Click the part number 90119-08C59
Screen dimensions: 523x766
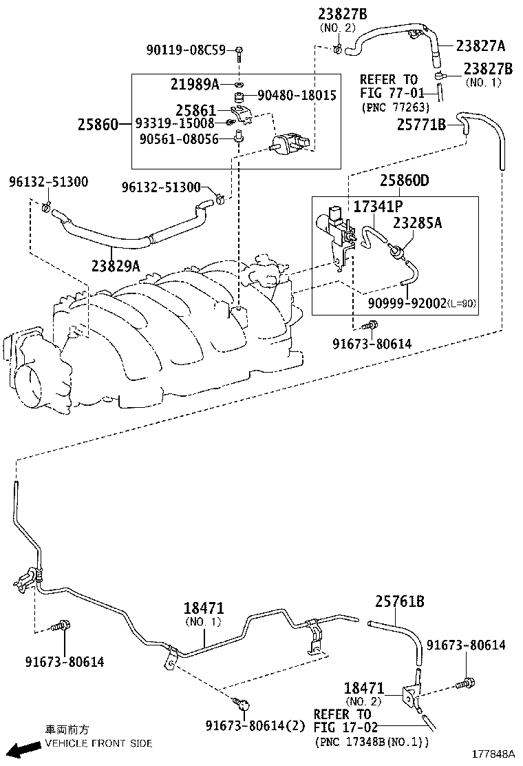point(186,50)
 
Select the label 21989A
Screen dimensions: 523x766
point(195,85)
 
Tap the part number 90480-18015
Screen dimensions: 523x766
point(297,95)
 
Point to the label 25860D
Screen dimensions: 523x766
point(405,180)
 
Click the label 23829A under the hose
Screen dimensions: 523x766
point(116,266)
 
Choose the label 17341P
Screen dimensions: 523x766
point(378,207)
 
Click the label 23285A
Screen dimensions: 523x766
point(418,222)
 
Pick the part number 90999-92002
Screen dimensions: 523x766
point(407,303)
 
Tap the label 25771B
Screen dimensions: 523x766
point(422,125)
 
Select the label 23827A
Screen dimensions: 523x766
point(481,46)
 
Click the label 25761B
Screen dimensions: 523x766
point(400,601)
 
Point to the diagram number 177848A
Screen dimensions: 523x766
point(493,754)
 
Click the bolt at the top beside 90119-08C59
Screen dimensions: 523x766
point(239,52)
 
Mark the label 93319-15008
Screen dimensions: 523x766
point(175,123)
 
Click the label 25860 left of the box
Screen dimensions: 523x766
point(98,125)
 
